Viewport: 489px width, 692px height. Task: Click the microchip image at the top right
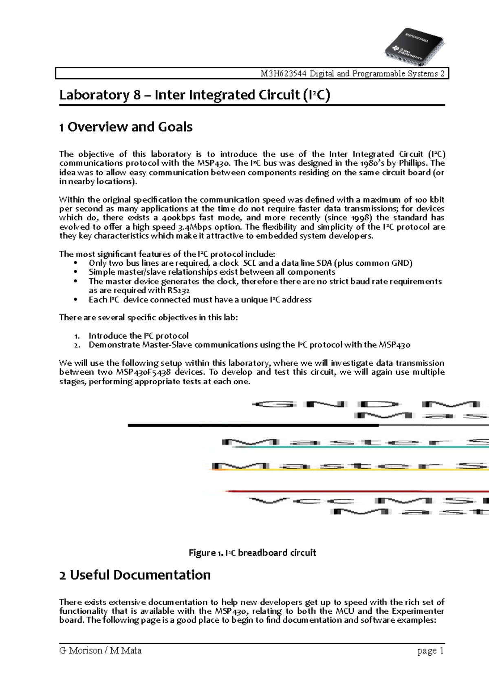(414, 47)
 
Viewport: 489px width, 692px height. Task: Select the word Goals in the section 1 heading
(175, 127)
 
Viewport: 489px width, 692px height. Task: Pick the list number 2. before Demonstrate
(77, 345)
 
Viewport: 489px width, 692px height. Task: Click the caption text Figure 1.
(204, 553)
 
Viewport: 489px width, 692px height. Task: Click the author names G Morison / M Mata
(100, 650)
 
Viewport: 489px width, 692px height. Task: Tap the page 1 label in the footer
(430, 650)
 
